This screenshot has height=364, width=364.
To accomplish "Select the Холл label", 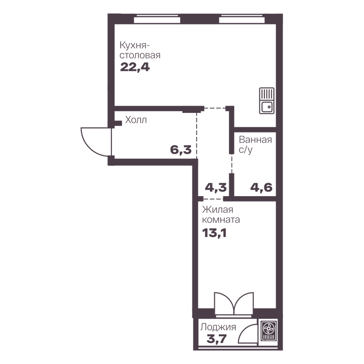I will click(x=136, y=120).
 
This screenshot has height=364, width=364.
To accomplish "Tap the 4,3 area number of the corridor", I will click(x=215, y=187).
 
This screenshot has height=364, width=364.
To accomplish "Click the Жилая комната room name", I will click(x=221, y=214).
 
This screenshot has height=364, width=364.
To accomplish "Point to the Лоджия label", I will click(x=218, y=327).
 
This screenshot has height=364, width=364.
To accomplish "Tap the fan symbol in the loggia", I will click(x=268, y=331).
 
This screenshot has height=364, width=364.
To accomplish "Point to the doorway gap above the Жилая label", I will click(x=214, y=199).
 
